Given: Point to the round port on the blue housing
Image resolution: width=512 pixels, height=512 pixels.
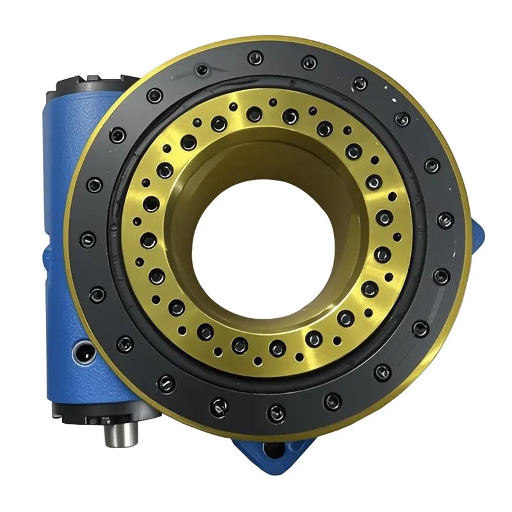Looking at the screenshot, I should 83,351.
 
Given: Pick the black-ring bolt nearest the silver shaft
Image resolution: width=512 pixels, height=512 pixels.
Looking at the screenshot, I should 168,383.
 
